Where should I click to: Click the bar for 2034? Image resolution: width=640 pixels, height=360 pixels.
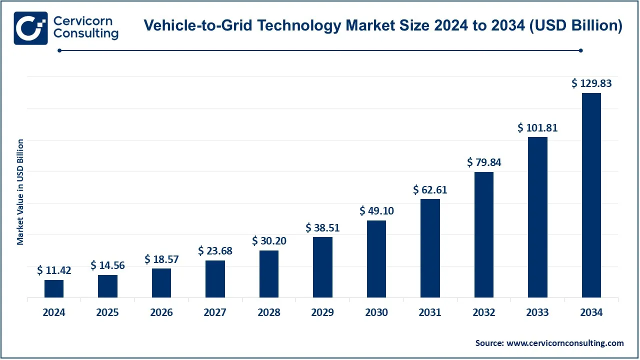click(591, 195)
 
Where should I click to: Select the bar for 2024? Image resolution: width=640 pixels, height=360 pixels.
click(54, 289)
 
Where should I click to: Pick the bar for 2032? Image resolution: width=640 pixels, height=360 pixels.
click(484, 235)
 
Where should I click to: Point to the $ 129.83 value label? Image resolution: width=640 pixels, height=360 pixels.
click(591, 83)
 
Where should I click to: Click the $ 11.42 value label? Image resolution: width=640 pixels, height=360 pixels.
click(54, 270)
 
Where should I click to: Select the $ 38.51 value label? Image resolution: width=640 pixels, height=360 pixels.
click(322, 228)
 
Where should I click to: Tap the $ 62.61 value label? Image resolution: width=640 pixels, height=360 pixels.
click(430, 190)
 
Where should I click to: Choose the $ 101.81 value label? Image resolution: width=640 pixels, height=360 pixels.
click(537, 128)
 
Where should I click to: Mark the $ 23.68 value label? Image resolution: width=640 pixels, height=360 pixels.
click(215, 251)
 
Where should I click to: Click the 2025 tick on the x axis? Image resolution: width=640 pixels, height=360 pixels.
click(107, 312)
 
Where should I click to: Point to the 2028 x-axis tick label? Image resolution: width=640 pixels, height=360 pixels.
click(269, 312)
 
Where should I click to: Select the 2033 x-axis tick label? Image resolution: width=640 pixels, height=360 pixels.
click(537, 312)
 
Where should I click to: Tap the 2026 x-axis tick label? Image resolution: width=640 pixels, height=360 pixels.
click(161, 312)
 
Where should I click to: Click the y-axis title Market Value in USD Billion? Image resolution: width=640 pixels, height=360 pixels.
click(20, 192)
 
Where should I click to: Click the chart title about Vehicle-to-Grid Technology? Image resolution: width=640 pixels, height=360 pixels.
click(382, 26)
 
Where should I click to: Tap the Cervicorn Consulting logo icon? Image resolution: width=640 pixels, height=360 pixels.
click(30, 28)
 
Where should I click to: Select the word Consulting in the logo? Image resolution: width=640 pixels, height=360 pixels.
click(85, 34)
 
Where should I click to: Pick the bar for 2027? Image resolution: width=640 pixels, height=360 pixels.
click(215, 279)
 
